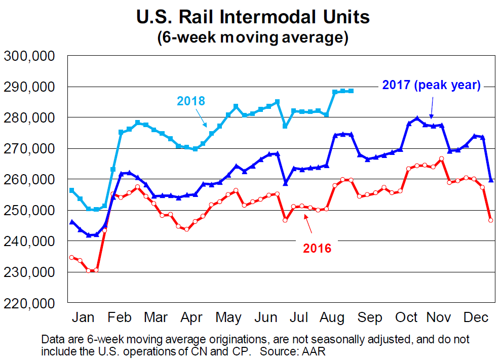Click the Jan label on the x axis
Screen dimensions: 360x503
(83, 317)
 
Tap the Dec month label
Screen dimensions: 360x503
(477, 317)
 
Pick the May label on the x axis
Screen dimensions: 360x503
(228, 317)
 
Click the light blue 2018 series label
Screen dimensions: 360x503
(191, 101)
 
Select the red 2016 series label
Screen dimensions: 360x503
(317, 248)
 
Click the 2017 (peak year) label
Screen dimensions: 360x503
(431, 85)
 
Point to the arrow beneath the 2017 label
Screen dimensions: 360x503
(431, 107)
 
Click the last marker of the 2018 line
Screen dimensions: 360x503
(351, 91)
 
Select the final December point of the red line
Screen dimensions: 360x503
(490, 220)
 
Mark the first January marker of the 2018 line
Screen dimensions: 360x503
(72, 190)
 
